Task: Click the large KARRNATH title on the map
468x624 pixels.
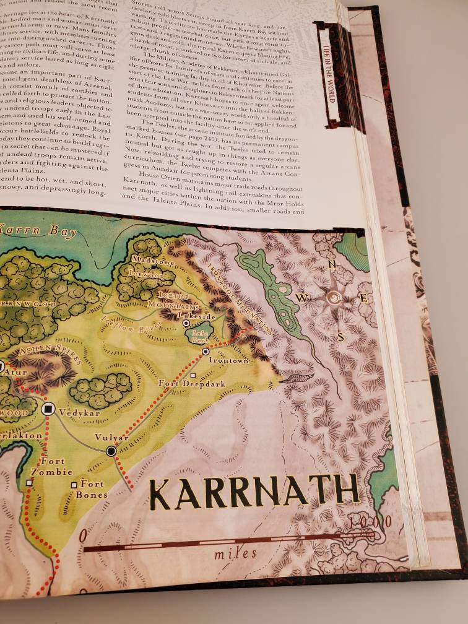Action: tap(254, 492)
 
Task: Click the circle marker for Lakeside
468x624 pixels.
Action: tap(185, 323)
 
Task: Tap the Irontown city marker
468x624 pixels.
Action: tap(206, 351)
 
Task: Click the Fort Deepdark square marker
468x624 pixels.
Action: tap(193, 375)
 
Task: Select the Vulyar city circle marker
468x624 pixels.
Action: tap(111, 451)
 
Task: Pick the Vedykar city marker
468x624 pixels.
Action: tap(48, 409)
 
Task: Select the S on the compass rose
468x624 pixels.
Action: tap(340, 337)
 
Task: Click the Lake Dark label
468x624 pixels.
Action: tap(200, 336)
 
